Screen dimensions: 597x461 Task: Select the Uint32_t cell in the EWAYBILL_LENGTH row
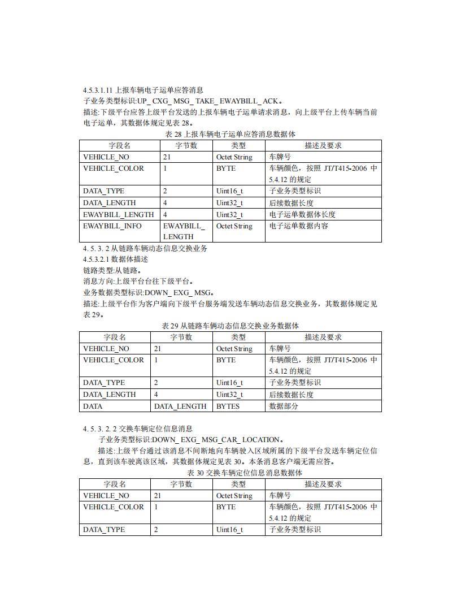pyautogui.click(x=229, y=215)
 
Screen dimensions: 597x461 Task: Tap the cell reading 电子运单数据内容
pyautogui.click(x=298, y=226)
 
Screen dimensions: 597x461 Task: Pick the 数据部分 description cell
pyautogui.click(x=284, y=406)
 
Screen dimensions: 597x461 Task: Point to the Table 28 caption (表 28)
pyautogui.click(x=230, y=135)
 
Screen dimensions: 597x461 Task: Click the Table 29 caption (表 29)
pyautogui.click(x=230, y=326)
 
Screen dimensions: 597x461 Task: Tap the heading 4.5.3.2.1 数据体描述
pyautogui.click(x=115, y=259)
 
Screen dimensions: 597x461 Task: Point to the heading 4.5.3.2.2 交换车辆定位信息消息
pyautogui.click(x=137, y=429)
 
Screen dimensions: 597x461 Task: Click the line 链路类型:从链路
pyautogui.click(x=112, y=270)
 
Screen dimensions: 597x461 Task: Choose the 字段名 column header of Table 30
pyautogui.click(x=115, y=484)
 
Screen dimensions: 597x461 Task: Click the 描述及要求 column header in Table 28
pyautogui.click(x=323, y=146)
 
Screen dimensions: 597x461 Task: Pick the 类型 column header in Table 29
pyautogui.click(x=238, y=338)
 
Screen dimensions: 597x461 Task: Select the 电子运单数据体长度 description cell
pyautogui.click(x=301, y=215)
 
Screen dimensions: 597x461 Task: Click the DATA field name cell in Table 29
pyautogui.click(x=93, y=406)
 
